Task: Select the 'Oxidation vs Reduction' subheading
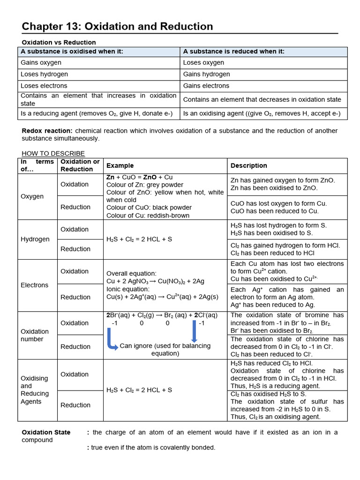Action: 59,42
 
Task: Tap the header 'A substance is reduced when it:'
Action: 233,52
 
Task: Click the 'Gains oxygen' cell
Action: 41,63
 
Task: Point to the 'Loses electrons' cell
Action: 44,86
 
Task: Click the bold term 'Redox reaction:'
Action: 47,131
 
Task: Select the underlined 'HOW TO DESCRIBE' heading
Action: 53,153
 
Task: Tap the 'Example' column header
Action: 120,165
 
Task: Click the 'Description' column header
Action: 248,165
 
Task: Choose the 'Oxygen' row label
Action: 32,196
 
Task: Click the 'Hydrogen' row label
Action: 35,239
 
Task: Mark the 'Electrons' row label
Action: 34,285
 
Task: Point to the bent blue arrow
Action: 112,340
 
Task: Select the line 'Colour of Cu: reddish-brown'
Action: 148,216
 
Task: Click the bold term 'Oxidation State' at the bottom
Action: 46,432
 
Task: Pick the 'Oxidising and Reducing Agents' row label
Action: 35,390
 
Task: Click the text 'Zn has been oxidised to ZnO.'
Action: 274,188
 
